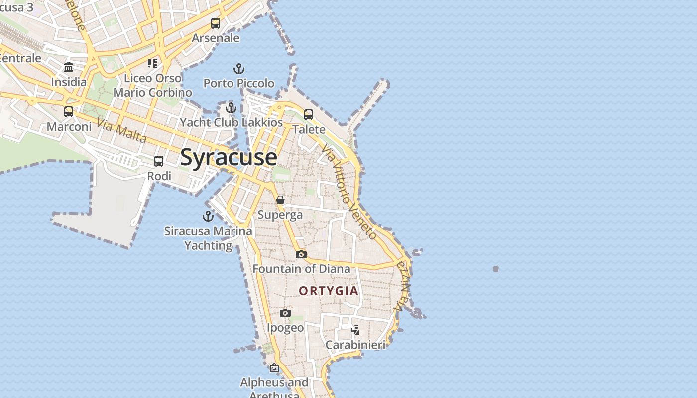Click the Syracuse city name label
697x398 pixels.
pyautogui.click(x=229, y=157)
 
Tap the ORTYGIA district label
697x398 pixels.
pyautogui.click(x=329, y=291)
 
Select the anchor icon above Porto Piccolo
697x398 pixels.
pyautogui.click(x=239, y=69)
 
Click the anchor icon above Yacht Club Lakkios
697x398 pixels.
pyautogui.click(x=231, y=108)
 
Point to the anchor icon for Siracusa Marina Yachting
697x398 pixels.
pyautogui.click(x=208, y=216)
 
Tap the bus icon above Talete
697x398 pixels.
pyautogui.click(x=309, y=115)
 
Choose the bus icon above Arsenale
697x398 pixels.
pyautogui.click(x=216, y=23)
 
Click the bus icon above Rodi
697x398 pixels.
pyautogui.click(x=159, y=161)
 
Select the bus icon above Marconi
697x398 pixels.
pyautogui.click(x=69, y=112)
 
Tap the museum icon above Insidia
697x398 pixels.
pyautogui.click(x=69, y=67)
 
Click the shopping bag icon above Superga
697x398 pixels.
pyautogui.click(x=280, y=200)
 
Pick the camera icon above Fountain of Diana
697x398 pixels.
pyautogui.click(x=301, y=254)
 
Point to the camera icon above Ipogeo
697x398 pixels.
pyautogui.click(x=285, y=313)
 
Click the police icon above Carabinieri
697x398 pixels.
pyautogui.click(x=355, y=330)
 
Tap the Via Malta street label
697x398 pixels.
pyautogui.click(x=121, y=130)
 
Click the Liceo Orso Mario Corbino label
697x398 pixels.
pyautogui.click(x=153, y=85)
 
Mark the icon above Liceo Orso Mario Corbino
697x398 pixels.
pyautogui.click(x=152, y=63)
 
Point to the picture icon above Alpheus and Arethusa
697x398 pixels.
pyautogui.click(x=274, y=368)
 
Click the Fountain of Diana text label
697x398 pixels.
pyautogui.click(x=301, y=269)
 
